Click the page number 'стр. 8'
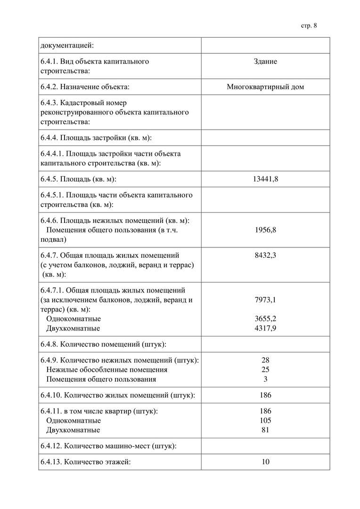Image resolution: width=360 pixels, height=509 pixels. tap(309, 25)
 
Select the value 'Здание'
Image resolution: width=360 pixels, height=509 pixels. tap(265, 62)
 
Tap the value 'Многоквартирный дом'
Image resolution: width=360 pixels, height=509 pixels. tap(265, 87)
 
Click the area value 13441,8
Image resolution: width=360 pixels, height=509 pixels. tap(265, 179)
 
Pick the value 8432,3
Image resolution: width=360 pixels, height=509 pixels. tap(265, 255)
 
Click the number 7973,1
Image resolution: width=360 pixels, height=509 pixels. tap(265, 300)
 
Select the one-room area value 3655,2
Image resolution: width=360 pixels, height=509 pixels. tap(265, 319)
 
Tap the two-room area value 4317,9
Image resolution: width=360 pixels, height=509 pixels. tap(265, 328)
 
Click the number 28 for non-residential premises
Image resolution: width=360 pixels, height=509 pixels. tap(265, 360)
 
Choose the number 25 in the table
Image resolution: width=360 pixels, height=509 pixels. tap(265, 369)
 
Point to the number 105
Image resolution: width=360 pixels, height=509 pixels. tap(265, 420)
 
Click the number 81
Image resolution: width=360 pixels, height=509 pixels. tap(265, 430)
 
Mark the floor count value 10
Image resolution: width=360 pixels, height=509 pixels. tap(265, 462)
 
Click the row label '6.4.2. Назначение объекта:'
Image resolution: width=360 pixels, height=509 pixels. tap(85, 87)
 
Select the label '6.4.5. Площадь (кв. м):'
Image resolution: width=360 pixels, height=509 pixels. tap(78, 179)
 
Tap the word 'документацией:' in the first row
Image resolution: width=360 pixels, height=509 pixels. tap(67, 46)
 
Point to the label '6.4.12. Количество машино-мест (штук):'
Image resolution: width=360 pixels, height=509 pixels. tap(108, 446)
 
